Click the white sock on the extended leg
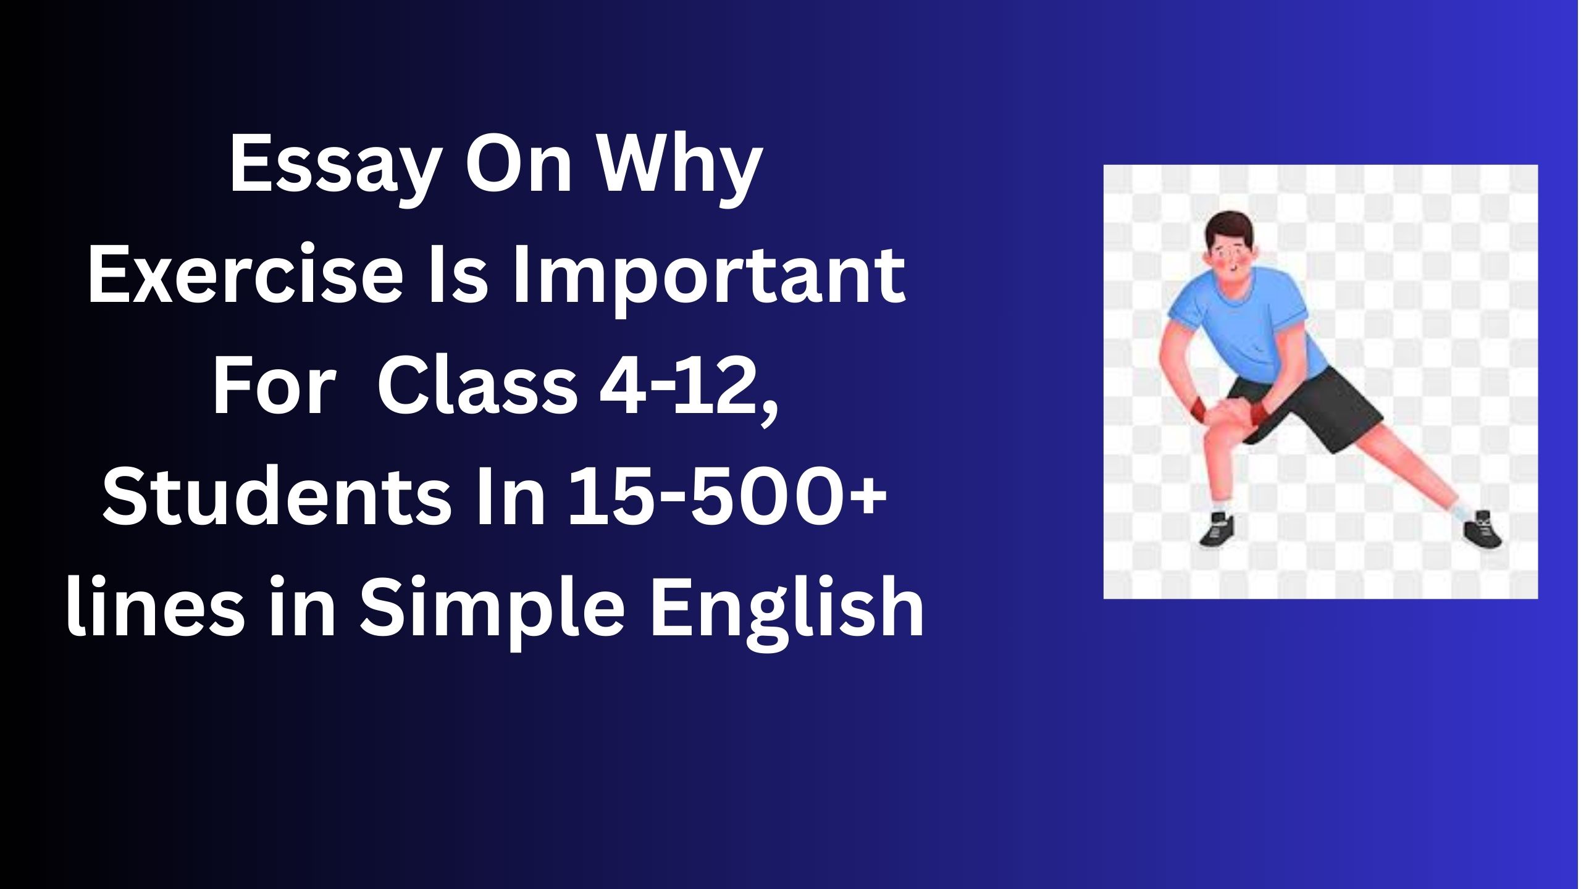pyautogui.click(x=1457, y=509)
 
